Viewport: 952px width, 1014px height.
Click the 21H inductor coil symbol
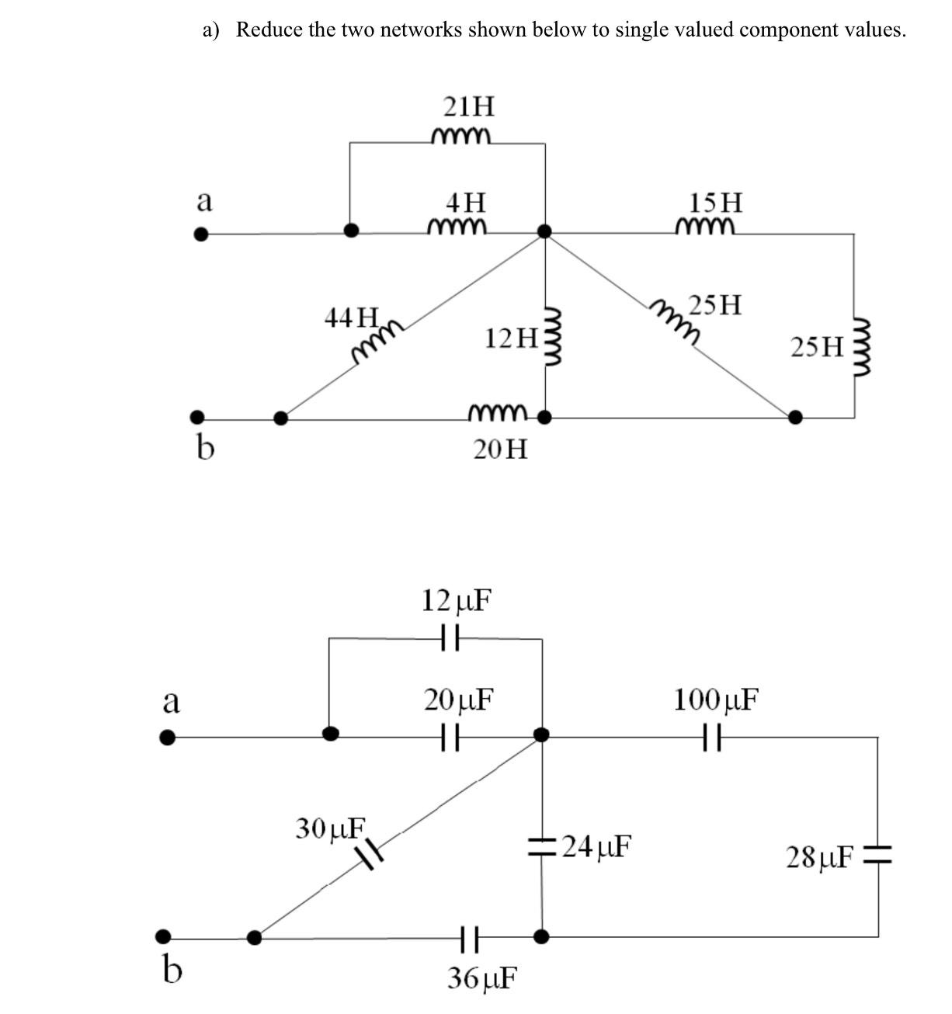tap(460, 137)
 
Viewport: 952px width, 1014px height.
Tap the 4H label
tap(466, 203)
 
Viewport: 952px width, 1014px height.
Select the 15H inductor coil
tap(704, 226)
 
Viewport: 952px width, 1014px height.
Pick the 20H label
tap(500, 449)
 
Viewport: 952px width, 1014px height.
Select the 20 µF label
tap(459, 700)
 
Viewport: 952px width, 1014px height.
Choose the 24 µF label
tap(596, 845)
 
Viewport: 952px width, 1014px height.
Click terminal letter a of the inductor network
tap(203, 201)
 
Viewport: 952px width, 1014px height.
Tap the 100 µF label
tap(715, 700)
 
